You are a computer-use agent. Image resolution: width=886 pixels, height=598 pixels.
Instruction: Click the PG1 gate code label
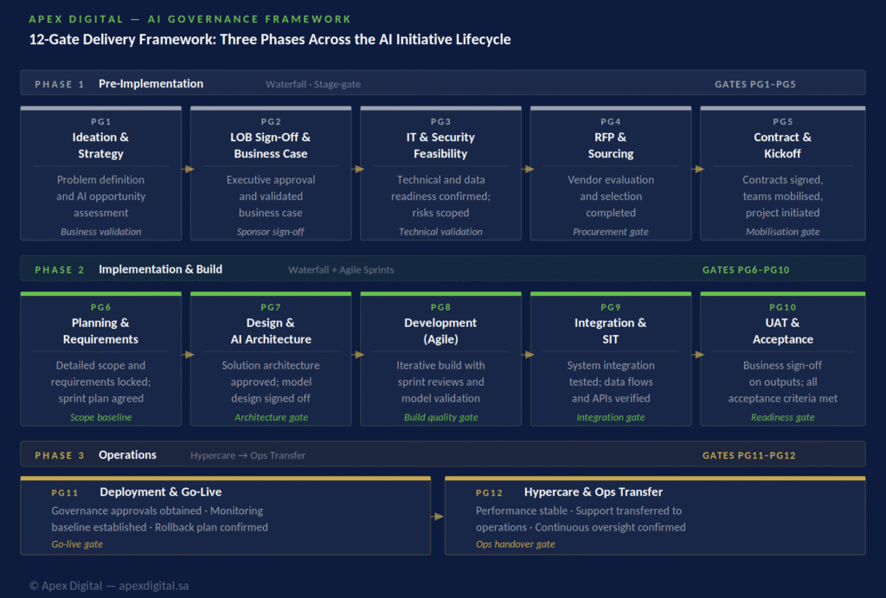pyautogui.click(x=100, y=121)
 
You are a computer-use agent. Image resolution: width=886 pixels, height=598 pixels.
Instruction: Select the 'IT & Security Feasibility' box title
pyautogui.click(x=440, y=145)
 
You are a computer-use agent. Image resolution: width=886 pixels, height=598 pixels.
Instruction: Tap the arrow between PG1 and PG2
pyautogui.click(x=188, y=169)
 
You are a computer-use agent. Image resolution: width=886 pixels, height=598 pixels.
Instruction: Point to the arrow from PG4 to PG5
pyautogui.click(x=698, y=169)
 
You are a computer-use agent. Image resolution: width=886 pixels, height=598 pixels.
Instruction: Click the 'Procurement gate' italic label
pyautogui.click(x=610, y=232)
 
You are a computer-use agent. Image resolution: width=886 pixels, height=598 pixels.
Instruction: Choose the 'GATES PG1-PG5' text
pyautogui.click(x=754, y=84)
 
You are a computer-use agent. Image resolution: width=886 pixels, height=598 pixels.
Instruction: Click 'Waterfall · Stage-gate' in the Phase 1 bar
pyautogui.click(x=313, y=84)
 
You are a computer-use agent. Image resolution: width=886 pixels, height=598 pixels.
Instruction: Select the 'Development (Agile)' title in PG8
pyautogui.click(x=440, y=331)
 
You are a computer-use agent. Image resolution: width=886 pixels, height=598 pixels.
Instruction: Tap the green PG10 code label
pyautogui.click(x=782, y=307)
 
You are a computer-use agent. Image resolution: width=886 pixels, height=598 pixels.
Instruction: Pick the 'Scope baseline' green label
pyautogui.click(x=100, y=417)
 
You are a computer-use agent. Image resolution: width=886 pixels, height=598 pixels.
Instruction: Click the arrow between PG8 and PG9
pyautogui.click(x=528, y=355)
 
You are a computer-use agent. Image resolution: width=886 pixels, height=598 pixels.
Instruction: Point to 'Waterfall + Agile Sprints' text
pyautogui.click(x=341, y=270)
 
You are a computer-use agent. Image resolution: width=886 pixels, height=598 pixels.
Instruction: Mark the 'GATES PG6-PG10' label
pyautogui.click(x=746, y=270)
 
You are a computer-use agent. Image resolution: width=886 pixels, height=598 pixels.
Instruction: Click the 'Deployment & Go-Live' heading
pyautogui.click(x=160, y=492)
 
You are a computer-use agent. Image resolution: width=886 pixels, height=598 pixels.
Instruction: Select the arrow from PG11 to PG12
pyautogui.click(x=437, y=516)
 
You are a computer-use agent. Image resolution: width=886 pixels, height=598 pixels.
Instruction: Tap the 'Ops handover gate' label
pyautogui.click(x=516, y=543)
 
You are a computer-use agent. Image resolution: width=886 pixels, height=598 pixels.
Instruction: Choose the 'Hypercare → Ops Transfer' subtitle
pyautogui.click(x=247, y=455)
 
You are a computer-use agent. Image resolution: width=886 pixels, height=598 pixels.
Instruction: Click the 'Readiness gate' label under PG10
pyautogui.click(x=782, y=417)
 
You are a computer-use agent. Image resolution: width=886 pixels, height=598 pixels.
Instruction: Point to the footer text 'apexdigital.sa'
pyautogui.click(x=154, y=586)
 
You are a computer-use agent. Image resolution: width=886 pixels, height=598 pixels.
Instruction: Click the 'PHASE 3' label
pyautogui.click(x=60, y=455)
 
